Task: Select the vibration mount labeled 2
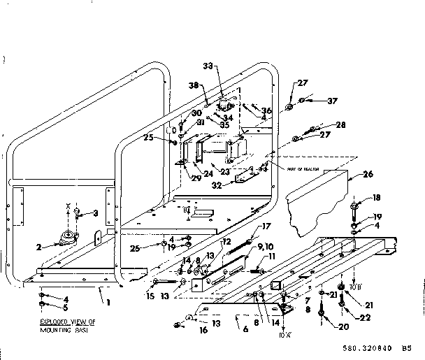pyautogui.click(x=68, y=238)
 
